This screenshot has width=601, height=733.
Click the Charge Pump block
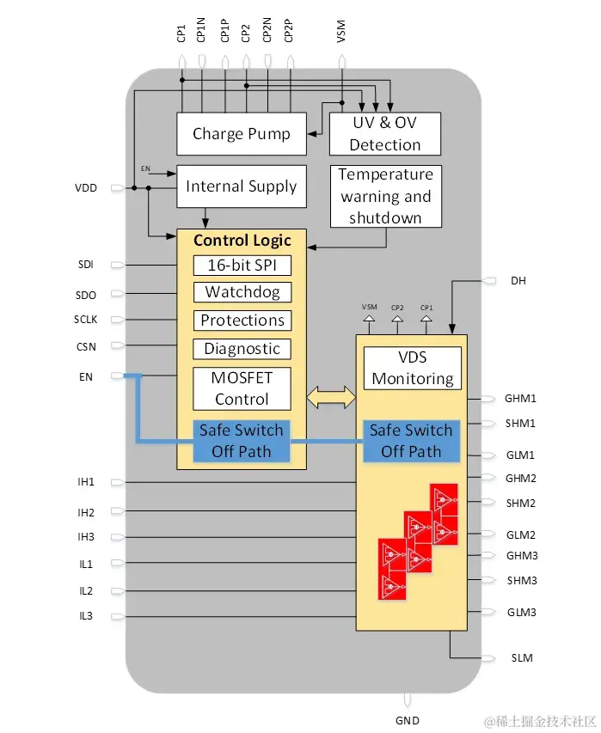(x=241, y=133)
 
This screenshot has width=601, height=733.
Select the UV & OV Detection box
(x=384, y=133)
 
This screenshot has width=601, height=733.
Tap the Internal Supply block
(x=241, y=186)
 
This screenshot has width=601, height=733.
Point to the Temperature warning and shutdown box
(x=385, y=196)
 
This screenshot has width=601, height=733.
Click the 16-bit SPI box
(x=242, y=265)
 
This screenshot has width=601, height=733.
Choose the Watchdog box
(x=242, y=292)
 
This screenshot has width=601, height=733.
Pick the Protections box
(x=242, y=321)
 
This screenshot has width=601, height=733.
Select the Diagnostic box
(x=242, y=349)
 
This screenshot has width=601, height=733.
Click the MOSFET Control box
(x=242, y=388)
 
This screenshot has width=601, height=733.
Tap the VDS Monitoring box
(x=413, y=368)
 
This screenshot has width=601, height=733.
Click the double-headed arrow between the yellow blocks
(x=331, y=397)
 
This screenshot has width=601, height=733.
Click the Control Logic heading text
(x=242, y=241)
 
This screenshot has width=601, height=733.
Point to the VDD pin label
(x=86, y=187)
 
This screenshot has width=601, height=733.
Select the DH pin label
(x=518, y=281)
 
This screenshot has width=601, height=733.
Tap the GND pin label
(x=408, y=720)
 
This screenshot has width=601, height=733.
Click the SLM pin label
(x=522, y=658)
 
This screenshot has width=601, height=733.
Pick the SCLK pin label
(x=86, y=320)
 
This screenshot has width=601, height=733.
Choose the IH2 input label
(x=86, y=513)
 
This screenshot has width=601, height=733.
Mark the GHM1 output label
(x=521, y=399)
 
